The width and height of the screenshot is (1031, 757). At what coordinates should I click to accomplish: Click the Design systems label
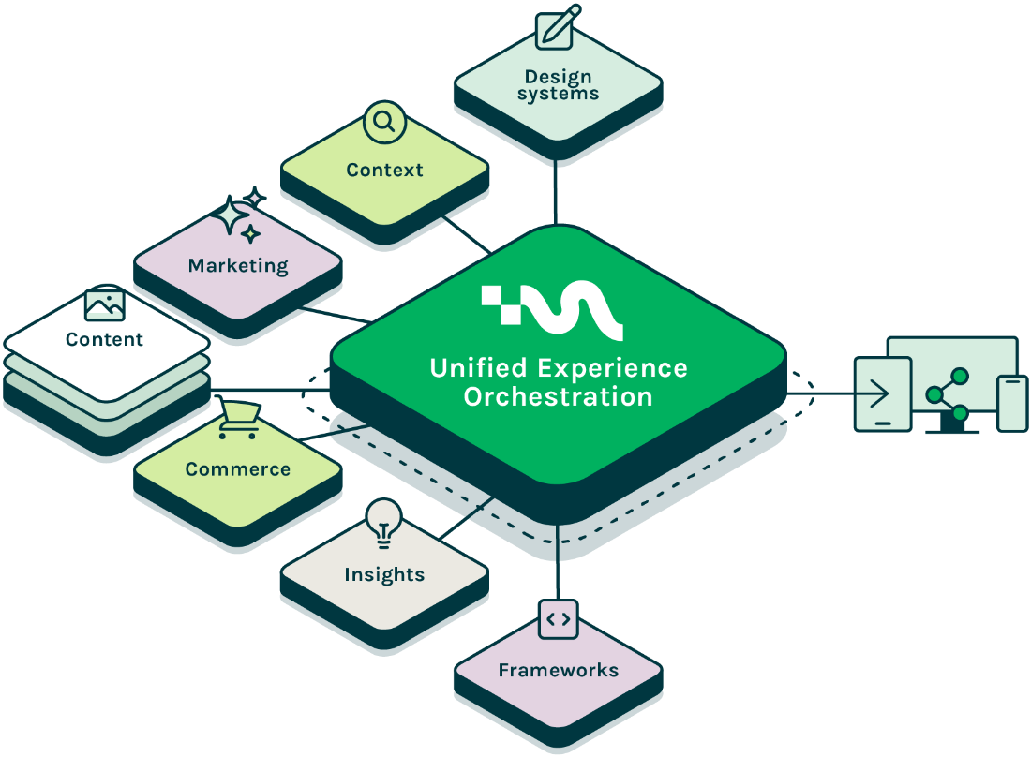coord(559,84)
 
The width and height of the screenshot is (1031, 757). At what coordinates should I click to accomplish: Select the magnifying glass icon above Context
coord(383,122)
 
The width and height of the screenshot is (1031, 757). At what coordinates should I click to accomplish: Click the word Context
coord(384,170)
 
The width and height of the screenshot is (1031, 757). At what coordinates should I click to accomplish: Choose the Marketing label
coord(238,266)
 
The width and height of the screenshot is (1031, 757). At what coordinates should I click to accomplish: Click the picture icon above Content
coord(104,304)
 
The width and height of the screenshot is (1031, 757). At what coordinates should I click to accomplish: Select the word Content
coord(104,339)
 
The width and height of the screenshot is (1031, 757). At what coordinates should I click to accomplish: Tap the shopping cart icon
coord(236,420)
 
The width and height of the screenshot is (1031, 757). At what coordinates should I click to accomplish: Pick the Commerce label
coord(238,469)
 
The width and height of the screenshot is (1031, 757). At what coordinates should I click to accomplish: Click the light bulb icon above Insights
coord(383,523)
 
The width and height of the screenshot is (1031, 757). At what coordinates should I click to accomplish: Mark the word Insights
coord(384,574)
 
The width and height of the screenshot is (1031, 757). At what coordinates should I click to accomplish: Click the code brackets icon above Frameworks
coord(558,618)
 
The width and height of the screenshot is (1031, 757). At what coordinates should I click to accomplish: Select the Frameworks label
coord(558,670)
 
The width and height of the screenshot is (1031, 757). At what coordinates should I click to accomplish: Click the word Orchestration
coord(558,396)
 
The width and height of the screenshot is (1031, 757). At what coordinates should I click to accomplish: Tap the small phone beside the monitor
coord(1011,403)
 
